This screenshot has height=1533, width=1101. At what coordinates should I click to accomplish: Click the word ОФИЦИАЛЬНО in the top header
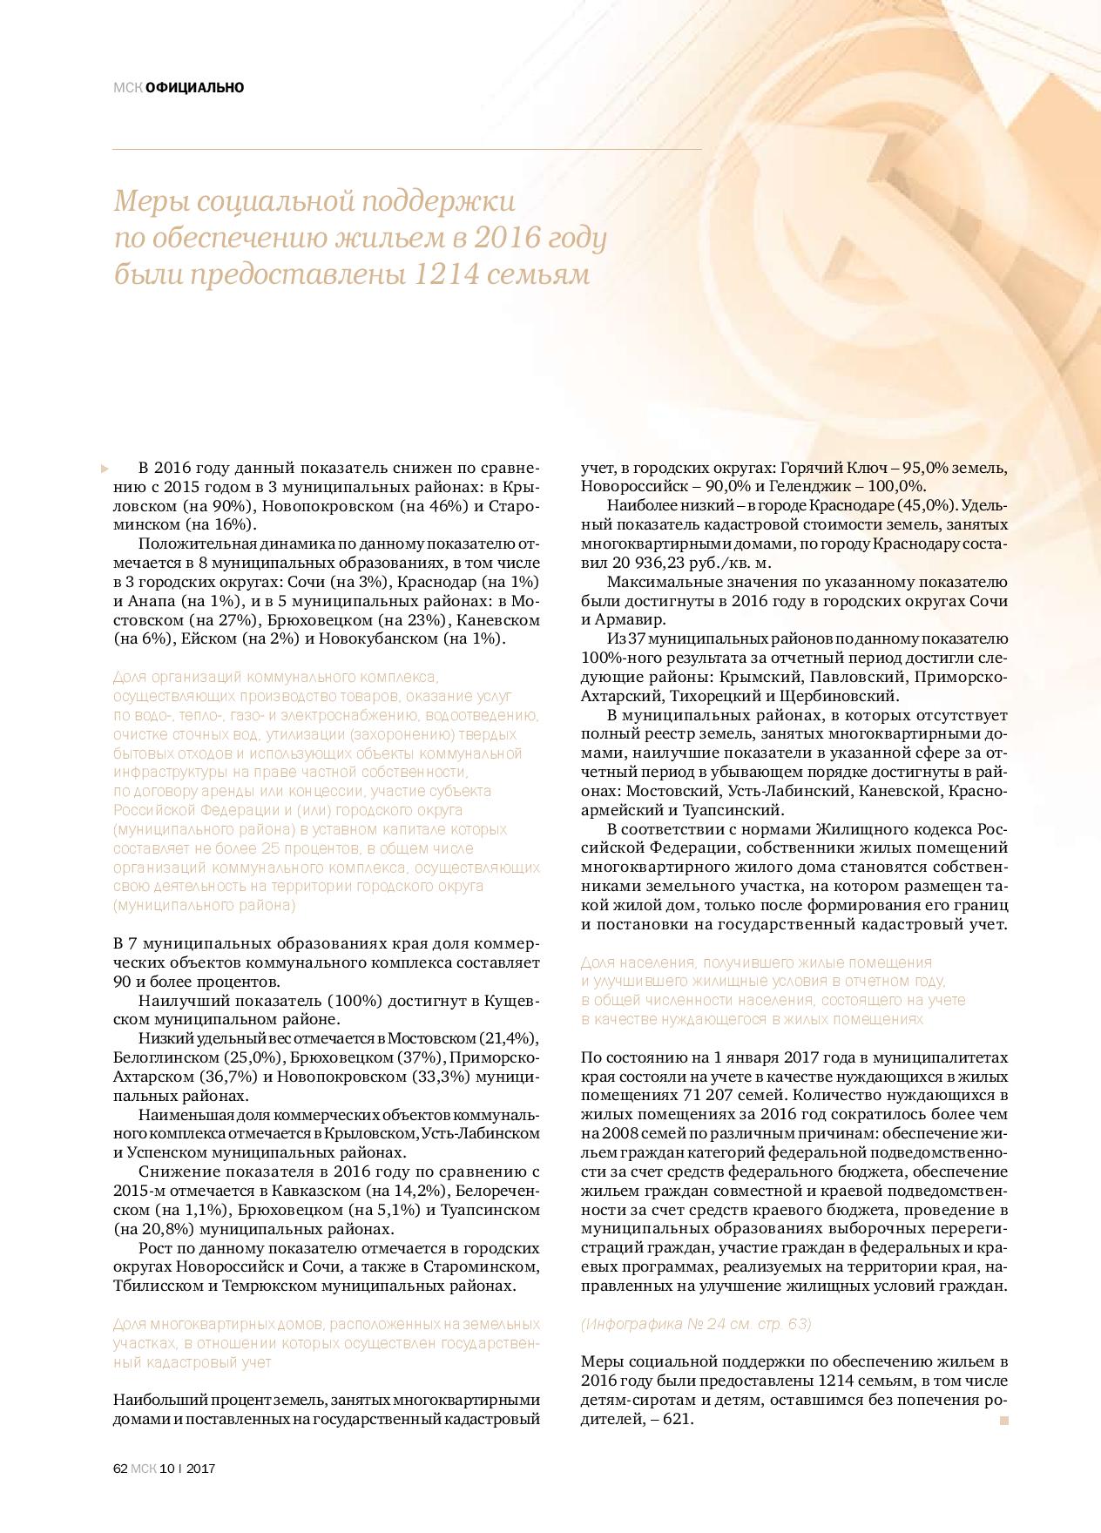click(195, 87)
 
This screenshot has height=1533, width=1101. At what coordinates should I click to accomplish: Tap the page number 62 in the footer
click(121, 1468)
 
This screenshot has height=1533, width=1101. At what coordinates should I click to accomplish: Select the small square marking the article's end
click(1003, 1420)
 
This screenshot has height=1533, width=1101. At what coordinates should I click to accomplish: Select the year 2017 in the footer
click(201, 1468)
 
